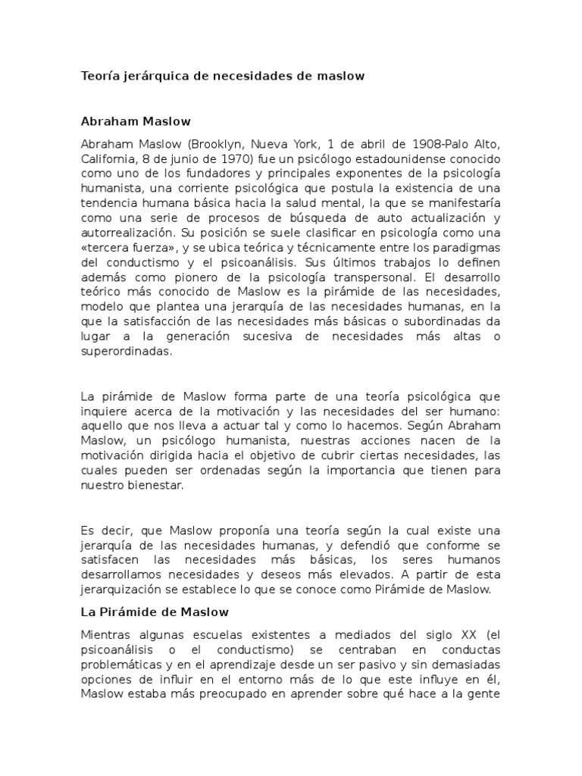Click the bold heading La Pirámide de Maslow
click(155, 611)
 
